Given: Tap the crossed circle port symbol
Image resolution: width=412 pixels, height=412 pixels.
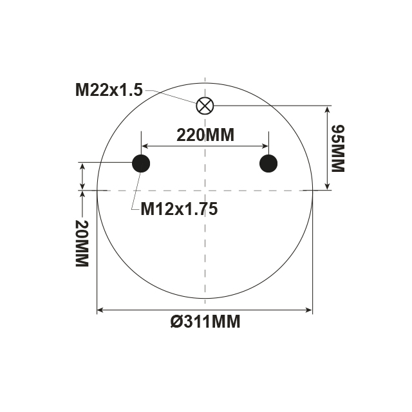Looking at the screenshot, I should pyautogui.click(x=205, y=105).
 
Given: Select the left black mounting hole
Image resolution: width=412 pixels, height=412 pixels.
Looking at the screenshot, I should pyautogui.click(x=141, y=164).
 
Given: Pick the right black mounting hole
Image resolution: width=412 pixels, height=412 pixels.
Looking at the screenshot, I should pyautogui.click(x=268, y=164).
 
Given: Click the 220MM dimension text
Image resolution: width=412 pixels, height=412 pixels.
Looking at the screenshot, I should pyautogui.click(x=205, y=135).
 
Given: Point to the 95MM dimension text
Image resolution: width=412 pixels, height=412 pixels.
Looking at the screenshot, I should pyautogui.click(x=337, y=148).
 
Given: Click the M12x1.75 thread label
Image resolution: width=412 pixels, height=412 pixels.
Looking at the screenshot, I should pyautogui.click(x=179, y=209).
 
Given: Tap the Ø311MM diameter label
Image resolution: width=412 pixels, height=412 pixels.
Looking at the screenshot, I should pyautogui.click(x=205, y=322).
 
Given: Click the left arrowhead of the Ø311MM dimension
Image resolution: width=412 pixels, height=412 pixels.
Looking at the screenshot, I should pyautogui.click(x=100, y=311).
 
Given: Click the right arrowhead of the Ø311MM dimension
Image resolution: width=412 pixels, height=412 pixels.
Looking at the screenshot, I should pyautogui.click(x=310, y=311).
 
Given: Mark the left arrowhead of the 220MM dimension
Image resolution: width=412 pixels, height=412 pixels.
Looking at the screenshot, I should pyautogui.click(x=145, y=145).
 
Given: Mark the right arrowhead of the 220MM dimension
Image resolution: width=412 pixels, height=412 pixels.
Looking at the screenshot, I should pyautogui.click(x=265, y=145).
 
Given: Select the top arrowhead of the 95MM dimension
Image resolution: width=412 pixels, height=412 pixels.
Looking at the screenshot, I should pyautogui.click(x=328, y=109).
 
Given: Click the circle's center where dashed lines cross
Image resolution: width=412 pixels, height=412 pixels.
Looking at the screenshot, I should pyautogui.click(x=205, y=191).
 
